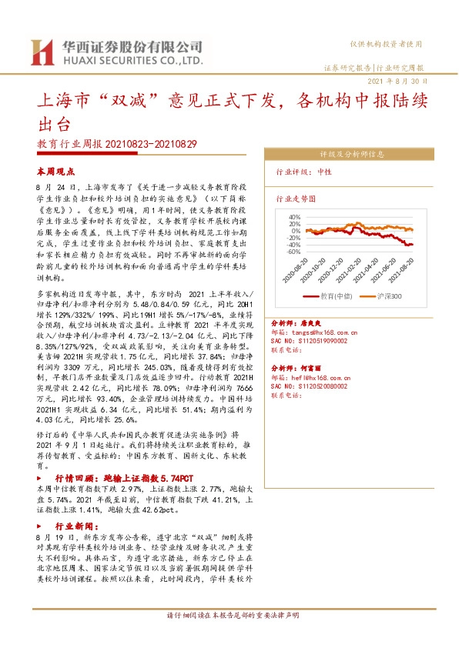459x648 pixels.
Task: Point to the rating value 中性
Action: pyautogui.click(x=323, y=172)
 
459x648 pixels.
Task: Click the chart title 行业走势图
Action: pyautogui.click(x=296, y=198)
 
